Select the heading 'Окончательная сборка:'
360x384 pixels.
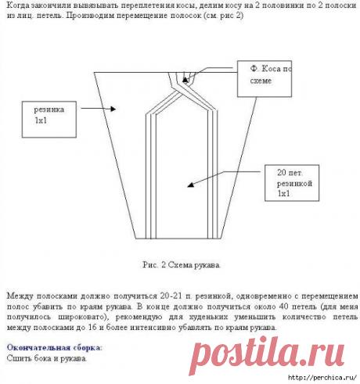54,346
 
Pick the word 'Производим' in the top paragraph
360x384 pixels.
92,17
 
